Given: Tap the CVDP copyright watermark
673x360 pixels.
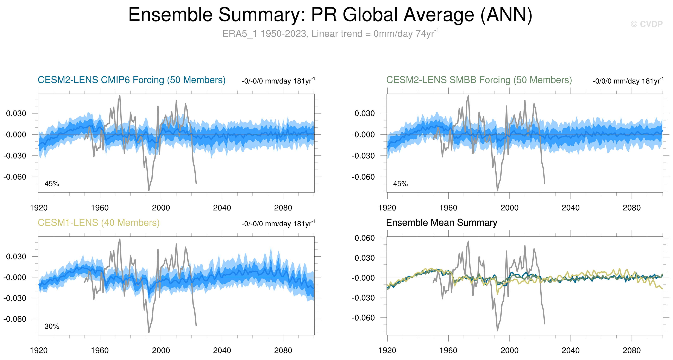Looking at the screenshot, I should pos(646,24).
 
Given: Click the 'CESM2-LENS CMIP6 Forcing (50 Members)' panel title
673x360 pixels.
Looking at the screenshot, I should pos(131,80).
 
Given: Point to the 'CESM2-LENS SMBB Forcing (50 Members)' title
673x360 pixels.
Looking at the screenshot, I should pos(479,80).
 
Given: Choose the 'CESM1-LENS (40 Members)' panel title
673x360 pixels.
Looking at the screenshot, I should pos(99,223).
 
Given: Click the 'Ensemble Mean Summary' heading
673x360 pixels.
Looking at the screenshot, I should pos(441,223).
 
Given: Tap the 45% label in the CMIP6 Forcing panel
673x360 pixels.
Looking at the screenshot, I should pos(52,184).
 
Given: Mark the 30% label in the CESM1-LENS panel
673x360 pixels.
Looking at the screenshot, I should pos(52,326).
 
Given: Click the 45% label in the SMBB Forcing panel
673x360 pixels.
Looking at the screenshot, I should pos(400,184).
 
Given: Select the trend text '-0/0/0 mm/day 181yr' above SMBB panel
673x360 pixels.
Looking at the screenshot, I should pos(628,81).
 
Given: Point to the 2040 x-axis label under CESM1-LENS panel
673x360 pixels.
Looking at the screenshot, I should pos(222,350).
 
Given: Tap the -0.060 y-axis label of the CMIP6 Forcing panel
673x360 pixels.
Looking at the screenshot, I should pos(15,177).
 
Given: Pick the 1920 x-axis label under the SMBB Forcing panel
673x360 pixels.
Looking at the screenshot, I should pos(387,208).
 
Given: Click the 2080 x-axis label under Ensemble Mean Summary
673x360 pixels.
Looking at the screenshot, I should pos(631,350).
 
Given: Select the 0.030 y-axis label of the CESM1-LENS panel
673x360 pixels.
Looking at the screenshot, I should pos(16,256).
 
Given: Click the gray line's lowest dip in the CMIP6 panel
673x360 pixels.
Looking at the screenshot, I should pos(149,190).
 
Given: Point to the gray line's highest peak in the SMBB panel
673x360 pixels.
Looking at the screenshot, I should pos(468,96).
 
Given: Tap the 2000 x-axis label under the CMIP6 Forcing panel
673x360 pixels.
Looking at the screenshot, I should pos(161,208).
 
